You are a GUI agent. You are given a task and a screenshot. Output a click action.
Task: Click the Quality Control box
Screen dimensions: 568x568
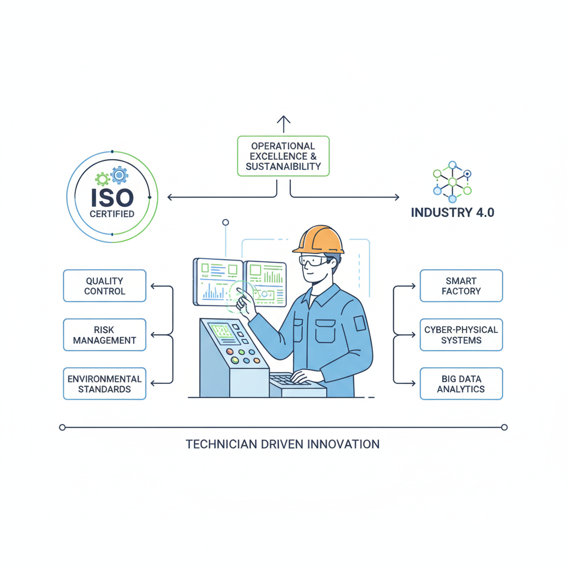click(x=104, y=286)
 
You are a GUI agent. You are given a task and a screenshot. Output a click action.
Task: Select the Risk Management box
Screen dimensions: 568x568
click(x=104, y=334)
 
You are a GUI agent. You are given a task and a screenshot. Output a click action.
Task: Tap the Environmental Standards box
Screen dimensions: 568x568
click(x=104, y=383)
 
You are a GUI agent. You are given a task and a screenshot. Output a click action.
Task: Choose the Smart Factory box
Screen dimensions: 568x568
click(x=461, y=286)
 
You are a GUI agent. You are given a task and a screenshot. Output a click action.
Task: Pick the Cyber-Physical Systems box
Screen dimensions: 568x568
click(x=461, y=334)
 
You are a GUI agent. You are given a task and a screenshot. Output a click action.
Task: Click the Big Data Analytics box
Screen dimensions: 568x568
click(x=461, y=383)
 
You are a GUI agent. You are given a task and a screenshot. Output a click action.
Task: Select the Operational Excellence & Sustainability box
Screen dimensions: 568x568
click(x=283, y=156)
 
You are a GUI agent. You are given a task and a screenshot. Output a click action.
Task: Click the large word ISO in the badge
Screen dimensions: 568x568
click(x=113, y=196)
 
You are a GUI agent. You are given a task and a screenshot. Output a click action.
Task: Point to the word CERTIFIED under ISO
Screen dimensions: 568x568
click(x=112, y=214)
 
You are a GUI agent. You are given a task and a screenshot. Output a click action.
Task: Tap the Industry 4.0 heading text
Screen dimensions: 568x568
click(x=452, y=212)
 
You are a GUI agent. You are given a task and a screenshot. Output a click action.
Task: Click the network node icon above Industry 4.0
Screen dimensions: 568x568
click(x=452, y=181)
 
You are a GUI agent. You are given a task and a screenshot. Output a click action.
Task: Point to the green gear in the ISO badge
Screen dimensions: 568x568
click(x=102, y=179)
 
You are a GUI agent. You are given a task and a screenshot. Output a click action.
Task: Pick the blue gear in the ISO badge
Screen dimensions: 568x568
click(x=119, y=175)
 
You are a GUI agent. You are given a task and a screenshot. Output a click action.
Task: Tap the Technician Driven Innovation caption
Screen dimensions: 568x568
click(x=282, y=444)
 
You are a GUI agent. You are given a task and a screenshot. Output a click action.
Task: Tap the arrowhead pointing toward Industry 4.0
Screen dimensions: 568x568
click(x=396, y=197)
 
